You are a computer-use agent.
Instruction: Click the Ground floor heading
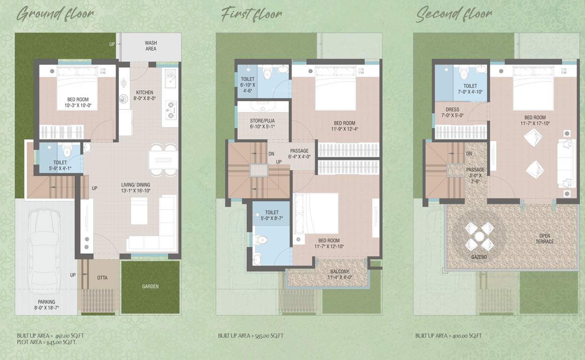point(55,14)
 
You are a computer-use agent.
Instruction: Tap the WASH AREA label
point(150,46)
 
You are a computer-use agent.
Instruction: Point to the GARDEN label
point(150,286)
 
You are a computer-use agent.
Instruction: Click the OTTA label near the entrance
point(102,278)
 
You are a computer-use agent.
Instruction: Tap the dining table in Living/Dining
point(163,160)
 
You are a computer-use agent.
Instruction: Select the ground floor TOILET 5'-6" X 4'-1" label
point(60,165)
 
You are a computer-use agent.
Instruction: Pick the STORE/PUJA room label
point(262,124)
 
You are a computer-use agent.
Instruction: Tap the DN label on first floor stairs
point(271,154)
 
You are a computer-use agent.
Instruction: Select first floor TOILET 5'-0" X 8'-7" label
point(271,216)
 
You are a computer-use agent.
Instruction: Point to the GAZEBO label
point(479,258)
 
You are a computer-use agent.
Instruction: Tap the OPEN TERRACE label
point(545,239)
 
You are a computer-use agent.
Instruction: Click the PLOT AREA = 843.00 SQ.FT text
point(47,342)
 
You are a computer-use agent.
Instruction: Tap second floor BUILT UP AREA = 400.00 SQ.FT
point(448,336)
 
